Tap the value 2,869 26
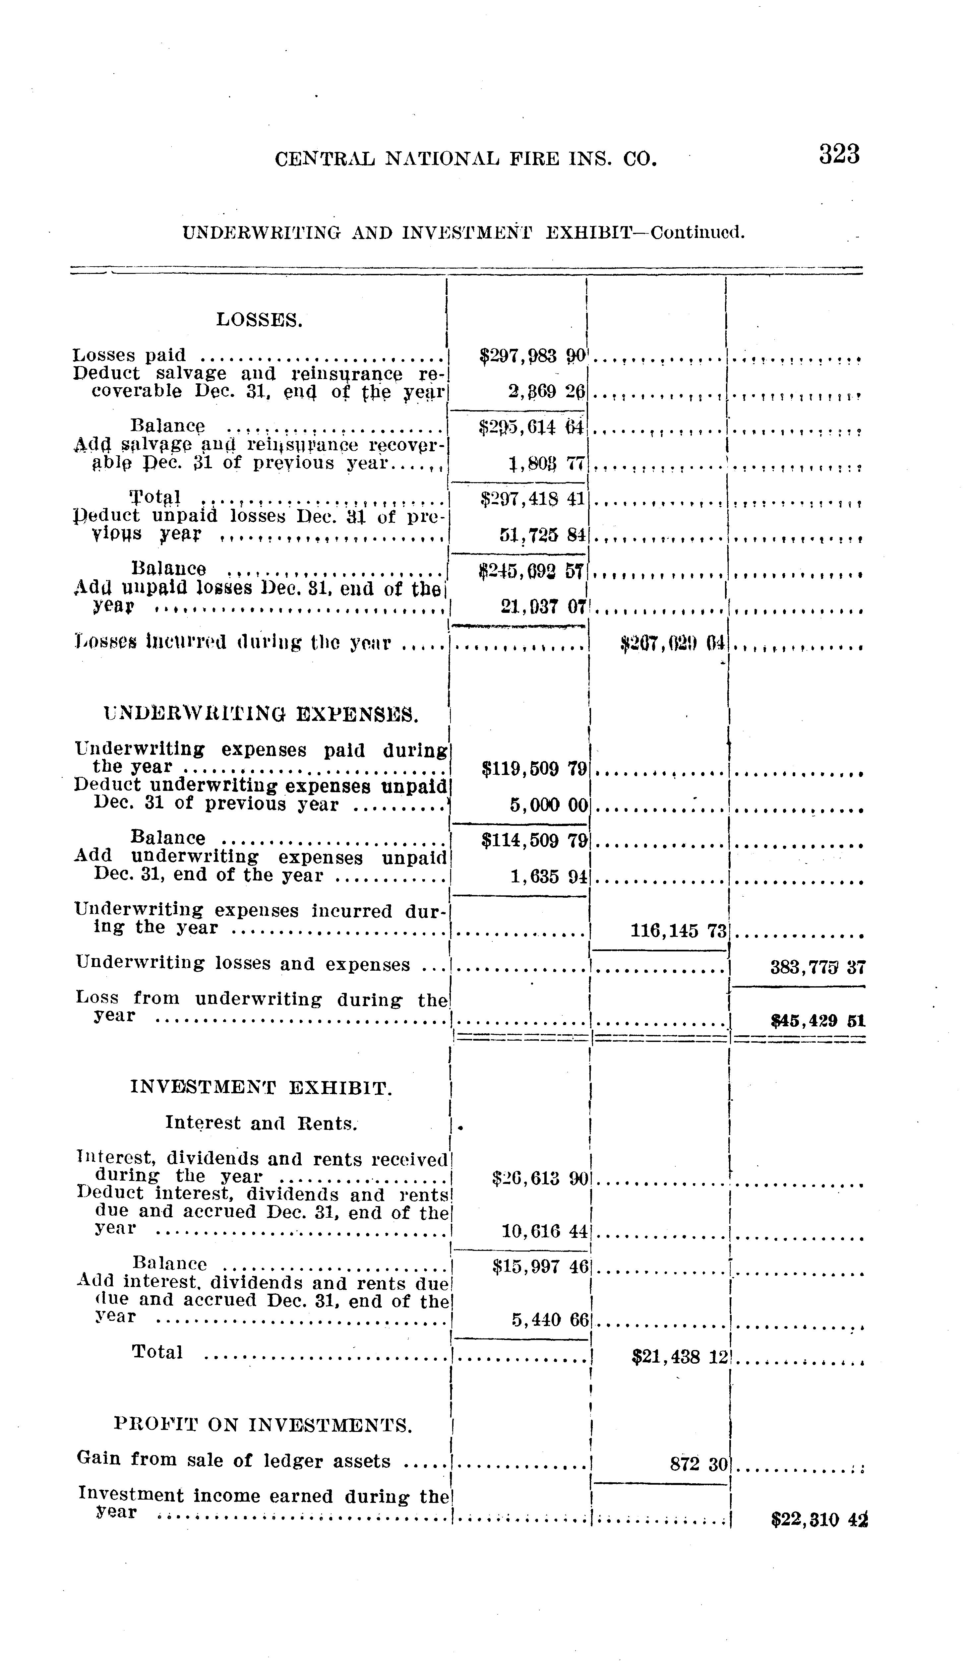coord(546,392)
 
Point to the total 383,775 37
coord(817,967)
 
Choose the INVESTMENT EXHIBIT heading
coord(261,1087)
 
